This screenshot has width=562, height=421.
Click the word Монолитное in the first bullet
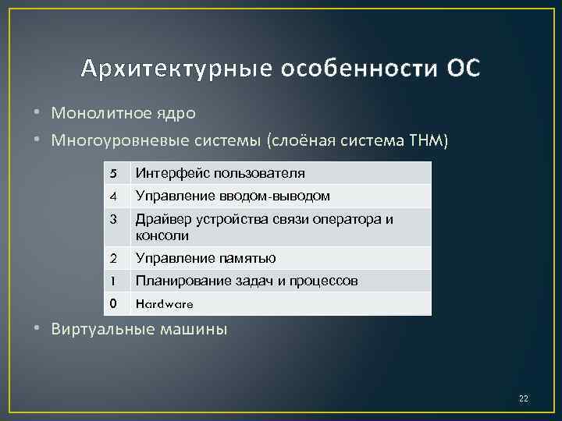click(x=100, y=112)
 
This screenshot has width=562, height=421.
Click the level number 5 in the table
click(x=113, y=173)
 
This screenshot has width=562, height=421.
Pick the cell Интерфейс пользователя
click(x=219, y=173)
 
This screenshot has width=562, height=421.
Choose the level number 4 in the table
click(x=113, y=196)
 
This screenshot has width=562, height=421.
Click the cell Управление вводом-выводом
click(x=233, y=196)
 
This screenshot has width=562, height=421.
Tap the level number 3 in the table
click(x=113, y=219)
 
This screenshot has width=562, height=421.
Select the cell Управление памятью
click(x=205, y=258)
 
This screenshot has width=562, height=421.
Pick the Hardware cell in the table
click(x=164, y=303)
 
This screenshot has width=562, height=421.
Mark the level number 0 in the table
click(x=113, y=303)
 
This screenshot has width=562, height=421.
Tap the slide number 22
click(x=523, y=399)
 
